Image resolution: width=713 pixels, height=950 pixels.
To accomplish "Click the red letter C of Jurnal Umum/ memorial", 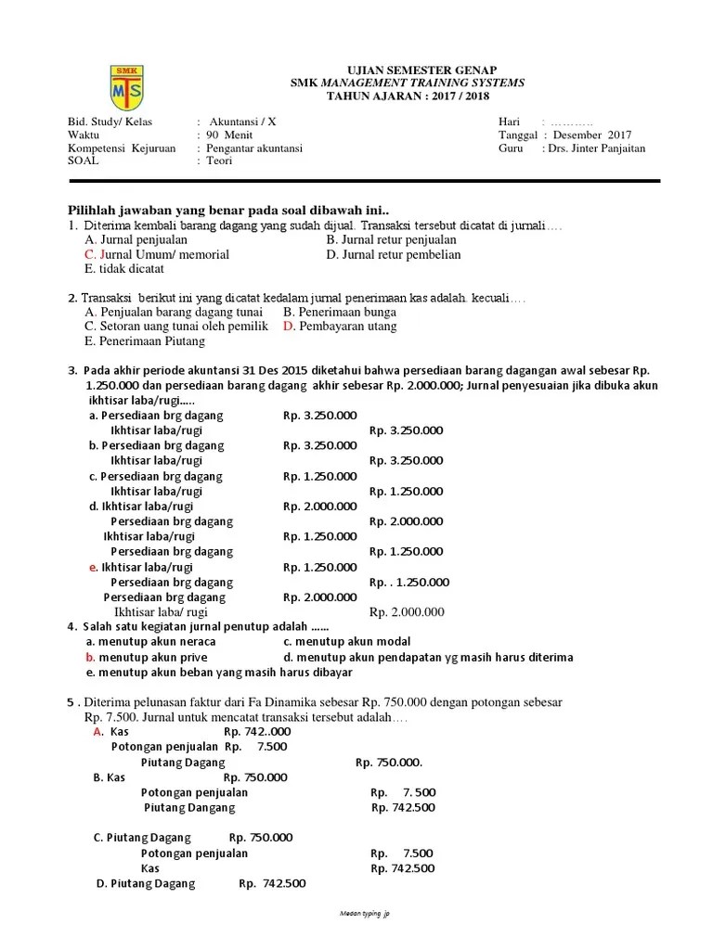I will click(89, 254).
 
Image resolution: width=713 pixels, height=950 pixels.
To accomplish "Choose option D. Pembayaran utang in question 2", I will click(340, 327).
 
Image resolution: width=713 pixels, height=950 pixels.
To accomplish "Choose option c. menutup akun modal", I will click(346, 642).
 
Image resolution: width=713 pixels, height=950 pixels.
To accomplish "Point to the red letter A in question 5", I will click(97, 732).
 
